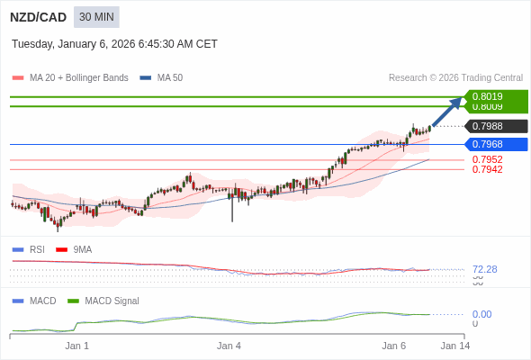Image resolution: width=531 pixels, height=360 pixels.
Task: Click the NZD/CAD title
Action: click(38, 17)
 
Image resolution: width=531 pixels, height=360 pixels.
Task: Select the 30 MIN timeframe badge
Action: click(96, 17)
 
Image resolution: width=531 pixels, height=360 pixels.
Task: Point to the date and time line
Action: click(114, 44)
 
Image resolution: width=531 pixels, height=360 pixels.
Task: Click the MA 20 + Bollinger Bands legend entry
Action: click(78, 78)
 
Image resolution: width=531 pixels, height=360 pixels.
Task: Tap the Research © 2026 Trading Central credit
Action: click(455, 78)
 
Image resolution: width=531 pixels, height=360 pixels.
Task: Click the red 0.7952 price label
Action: click(487, 159)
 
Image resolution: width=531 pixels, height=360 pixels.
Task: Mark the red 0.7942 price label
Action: click(487, 169)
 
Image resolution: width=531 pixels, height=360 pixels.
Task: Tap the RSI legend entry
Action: click(36, 249)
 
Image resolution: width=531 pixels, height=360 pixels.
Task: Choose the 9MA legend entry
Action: click(82, 249)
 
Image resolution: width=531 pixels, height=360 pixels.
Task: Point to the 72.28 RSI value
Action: click(484, 269)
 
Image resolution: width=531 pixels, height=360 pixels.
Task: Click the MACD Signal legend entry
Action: click(112, 301)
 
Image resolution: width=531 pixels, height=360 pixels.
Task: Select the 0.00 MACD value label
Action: click(481, 314)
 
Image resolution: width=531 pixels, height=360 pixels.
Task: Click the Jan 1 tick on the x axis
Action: click(77, 345)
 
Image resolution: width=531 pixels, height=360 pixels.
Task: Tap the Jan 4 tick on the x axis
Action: click(229, 345)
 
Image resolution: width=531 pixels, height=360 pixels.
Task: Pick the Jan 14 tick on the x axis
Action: click(454, 345)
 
